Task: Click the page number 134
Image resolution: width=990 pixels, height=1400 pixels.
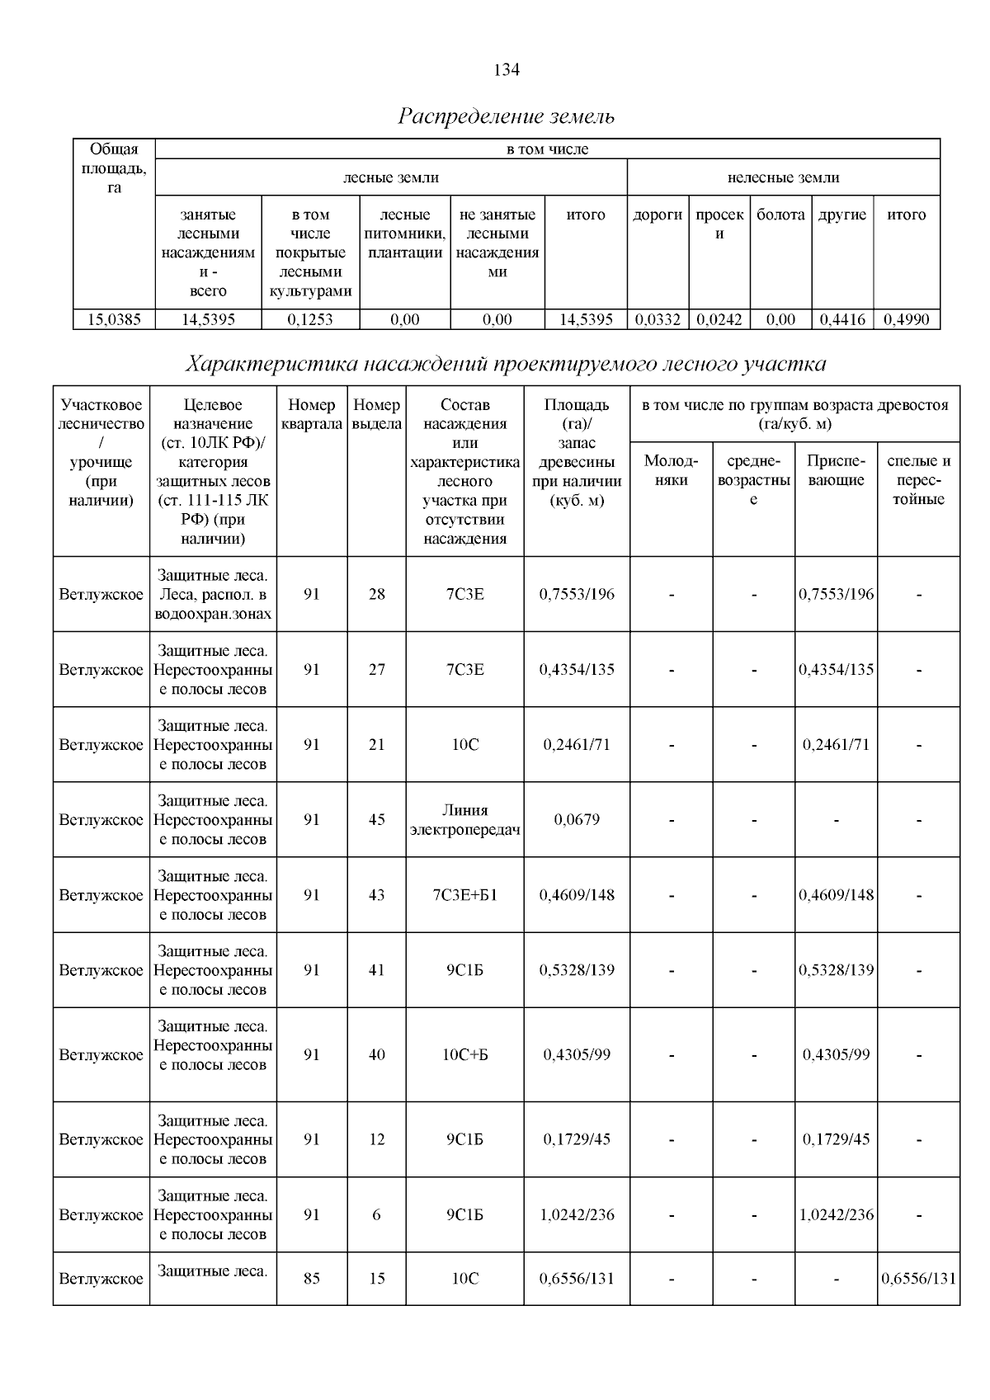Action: pos(506,70)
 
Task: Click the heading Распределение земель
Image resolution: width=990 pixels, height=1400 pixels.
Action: pos(506,116)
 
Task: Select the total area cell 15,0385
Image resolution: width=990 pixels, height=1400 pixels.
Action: pos(114,320)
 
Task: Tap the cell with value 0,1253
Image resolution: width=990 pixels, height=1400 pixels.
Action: pos(310,320)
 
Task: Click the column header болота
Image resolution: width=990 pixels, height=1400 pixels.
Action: pos(780,215)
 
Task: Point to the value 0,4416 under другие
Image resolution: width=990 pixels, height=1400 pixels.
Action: pos(841,320)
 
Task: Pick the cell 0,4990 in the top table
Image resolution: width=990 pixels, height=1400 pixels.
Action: pos(906,320)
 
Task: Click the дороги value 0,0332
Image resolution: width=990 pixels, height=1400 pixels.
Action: pos(658,320)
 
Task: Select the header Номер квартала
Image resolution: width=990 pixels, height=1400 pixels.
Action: pos(311,414)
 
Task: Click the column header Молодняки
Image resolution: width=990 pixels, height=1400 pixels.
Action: pos(671,470)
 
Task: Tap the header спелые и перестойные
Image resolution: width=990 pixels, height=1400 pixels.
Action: pos(918,479)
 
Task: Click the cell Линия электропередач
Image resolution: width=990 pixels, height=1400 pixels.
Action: pos(464,820)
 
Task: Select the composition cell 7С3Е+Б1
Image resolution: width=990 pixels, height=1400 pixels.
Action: pos(464,895)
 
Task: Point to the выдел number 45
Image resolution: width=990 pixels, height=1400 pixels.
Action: pos(376,820)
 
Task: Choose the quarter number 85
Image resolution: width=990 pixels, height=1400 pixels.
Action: pos(311,1279)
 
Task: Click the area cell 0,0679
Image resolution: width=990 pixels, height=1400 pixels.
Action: pos(577,820)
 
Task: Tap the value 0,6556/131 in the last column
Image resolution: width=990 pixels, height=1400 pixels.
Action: pos(918,1279)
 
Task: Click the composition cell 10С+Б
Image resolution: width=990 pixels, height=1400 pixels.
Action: pos(464,1055)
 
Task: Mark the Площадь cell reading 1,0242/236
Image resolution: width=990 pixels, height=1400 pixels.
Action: pos(577,1215)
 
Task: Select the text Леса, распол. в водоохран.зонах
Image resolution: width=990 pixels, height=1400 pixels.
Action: pos(213,605)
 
